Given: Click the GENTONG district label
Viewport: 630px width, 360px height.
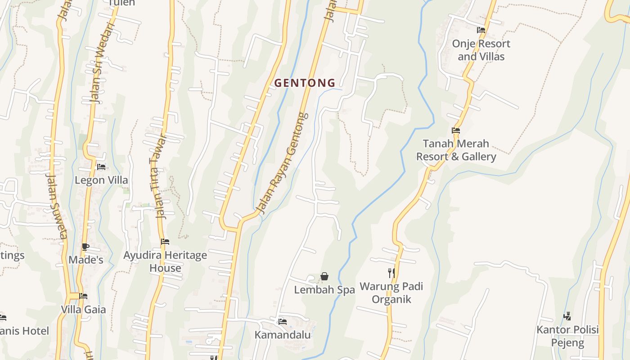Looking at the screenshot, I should tap(305, 83).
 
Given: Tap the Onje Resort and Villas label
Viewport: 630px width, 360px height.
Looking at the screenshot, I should tap(481, 50).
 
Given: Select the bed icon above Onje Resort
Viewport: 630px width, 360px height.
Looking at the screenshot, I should tap(481, 30).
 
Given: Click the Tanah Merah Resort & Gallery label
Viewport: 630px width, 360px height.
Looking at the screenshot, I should tap(456, 150).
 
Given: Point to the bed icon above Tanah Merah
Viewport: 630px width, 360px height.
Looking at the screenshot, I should tap(456, 130).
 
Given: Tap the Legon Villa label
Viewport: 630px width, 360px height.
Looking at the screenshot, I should tap(101, 180).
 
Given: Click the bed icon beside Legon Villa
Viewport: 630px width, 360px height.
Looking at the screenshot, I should tap(101, 166).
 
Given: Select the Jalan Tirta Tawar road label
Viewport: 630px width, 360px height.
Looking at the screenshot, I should tap(157, 176).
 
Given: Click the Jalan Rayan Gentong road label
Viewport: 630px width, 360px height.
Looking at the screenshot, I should tap(283, 163).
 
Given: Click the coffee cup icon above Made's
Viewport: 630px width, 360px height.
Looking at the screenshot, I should tap(85, 247).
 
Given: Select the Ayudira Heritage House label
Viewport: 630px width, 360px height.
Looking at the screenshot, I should tap(165, 261).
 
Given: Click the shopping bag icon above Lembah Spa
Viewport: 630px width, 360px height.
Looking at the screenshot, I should tap(324, 276).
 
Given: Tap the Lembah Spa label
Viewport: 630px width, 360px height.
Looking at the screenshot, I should tap(324, 290).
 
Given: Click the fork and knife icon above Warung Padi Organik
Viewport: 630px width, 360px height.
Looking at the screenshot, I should tap(391, 273).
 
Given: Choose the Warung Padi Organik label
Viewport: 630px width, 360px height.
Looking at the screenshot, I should tap(391, 292).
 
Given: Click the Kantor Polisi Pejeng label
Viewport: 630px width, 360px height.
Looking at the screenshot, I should tap(567, 336).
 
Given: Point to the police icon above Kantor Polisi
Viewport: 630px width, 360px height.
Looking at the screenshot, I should tap(567, 316).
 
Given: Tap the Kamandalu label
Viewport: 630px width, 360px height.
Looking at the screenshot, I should tap(283, 335).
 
